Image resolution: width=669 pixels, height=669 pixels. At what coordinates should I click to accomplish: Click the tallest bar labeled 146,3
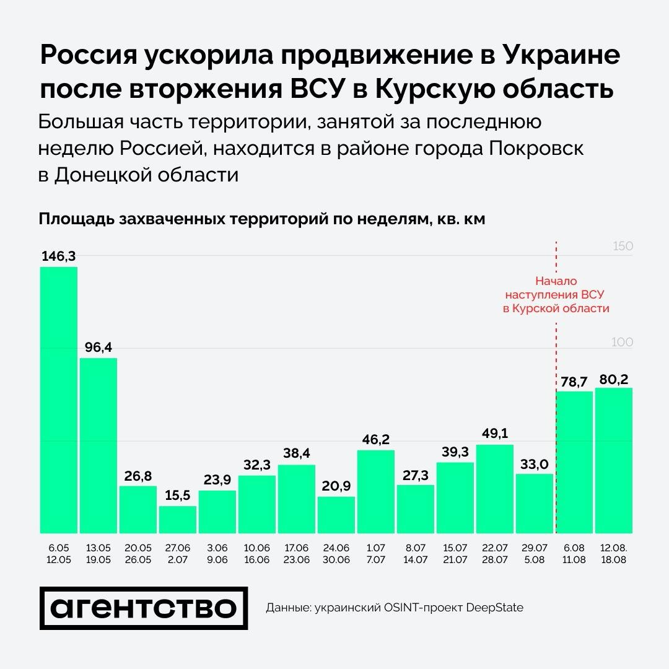click(x=59, y=400)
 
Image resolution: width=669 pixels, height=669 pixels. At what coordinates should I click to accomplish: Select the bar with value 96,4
click(x=98, y=445)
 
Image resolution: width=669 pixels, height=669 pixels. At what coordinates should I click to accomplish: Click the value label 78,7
click(x=574, y=382)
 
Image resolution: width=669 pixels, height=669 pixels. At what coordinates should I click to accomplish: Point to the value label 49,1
click(x=495, y=434)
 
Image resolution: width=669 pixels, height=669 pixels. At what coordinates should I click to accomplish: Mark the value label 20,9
click(x=336, y=486)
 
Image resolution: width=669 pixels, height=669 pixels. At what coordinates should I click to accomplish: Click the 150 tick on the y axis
click(x=622, y=247)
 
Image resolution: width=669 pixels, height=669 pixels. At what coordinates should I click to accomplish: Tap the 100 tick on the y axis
click(x=622, y=343)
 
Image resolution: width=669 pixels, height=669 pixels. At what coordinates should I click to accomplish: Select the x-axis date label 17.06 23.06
click(x=297, y=554)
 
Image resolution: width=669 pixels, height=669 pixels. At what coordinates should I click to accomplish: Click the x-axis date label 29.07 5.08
click(x=535, y=554)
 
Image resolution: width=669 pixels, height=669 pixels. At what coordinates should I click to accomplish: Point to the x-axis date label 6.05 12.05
click(x=59, y=554)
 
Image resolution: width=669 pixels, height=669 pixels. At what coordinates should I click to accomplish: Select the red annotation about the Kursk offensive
click(x=556, y=294)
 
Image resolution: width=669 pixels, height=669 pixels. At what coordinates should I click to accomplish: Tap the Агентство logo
click(x=143, y=608)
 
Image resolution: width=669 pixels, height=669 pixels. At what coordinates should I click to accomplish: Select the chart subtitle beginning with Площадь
click(x=261, y=220)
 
